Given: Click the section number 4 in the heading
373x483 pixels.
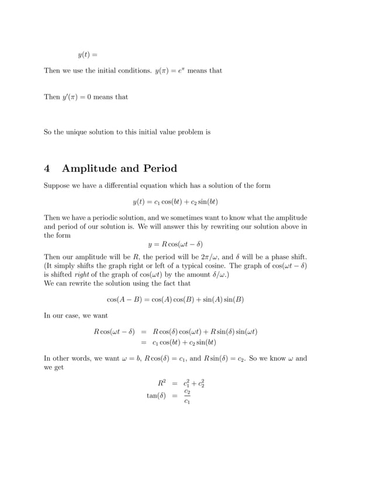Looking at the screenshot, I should tap(47, 169).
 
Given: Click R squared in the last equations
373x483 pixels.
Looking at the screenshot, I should tap(163, 384).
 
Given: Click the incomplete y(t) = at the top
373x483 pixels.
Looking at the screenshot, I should tap(87, 56).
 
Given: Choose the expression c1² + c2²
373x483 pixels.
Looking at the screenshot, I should tap(194, 384).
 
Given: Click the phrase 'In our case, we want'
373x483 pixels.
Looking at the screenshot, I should tap(75, 316).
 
